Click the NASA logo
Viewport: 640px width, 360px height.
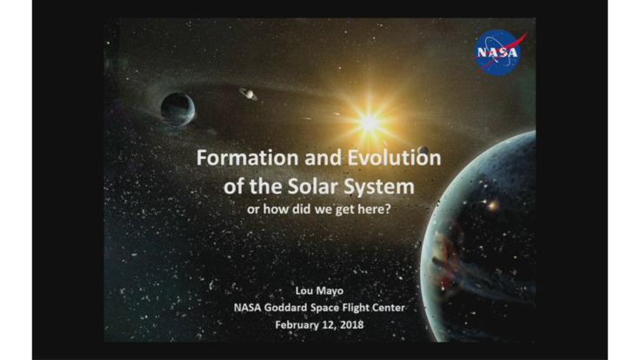point(501,51)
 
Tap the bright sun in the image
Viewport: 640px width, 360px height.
point(370,122)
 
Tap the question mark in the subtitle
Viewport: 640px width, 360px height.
point(388,210)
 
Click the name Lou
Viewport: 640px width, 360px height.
point(303,289)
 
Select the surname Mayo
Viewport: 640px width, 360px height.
point(330,289)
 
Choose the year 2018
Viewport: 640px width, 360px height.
point(353,324)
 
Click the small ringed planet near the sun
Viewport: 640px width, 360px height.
point(248,93)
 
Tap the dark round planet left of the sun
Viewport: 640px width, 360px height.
point(177,109)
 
